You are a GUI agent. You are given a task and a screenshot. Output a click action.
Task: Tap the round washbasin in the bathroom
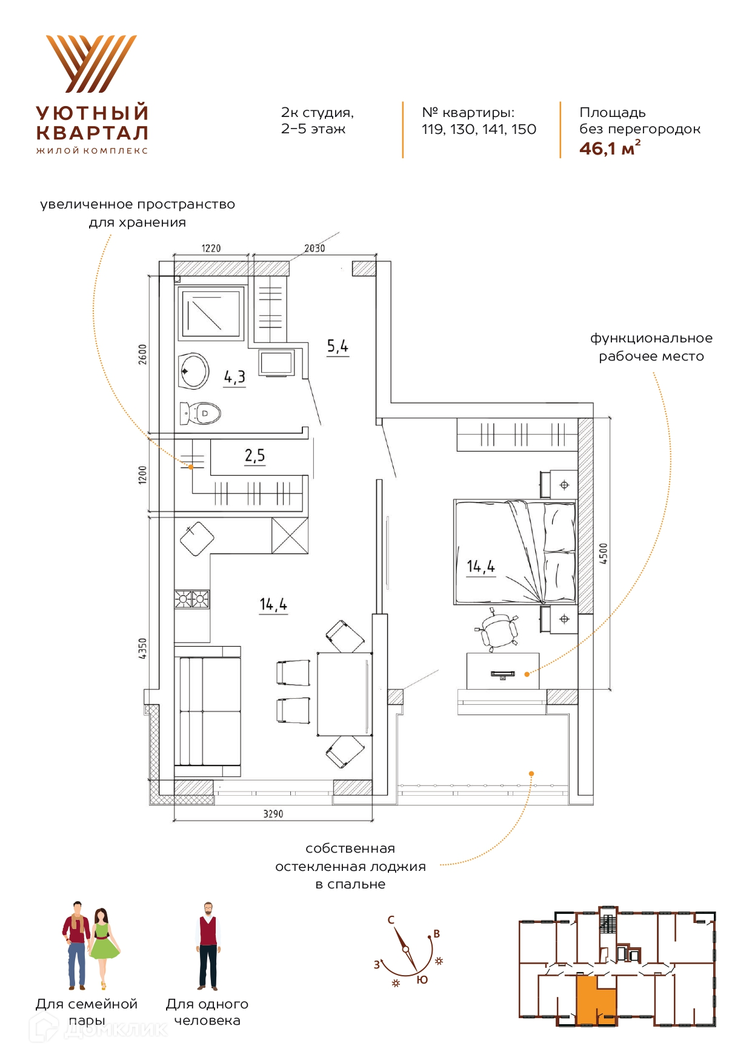[194, 370]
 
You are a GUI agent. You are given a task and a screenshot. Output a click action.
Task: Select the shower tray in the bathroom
[211, 313]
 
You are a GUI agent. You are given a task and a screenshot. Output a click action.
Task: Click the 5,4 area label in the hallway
[338, 346]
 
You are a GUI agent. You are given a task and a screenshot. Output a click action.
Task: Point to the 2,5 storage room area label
[255, 456]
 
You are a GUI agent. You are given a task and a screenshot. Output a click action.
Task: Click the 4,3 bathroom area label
[235, 378]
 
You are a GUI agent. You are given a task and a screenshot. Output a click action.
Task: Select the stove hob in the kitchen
[192, 599]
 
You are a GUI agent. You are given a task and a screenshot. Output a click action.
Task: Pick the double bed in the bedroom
[515, 552]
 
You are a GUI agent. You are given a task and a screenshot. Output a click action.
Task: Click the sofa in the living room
[207, 711]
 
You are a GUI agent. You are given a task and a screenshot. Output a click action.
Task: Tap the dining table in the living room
[345, 694]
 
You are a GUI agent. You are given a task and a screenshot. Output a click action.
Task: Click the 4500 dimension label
[603, 553]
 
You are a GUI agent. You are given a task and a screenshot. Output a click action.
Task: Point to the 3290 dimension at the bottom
[273, 814]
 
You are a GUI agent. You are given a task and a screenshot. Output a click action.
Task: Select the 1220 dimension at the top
[211, 248]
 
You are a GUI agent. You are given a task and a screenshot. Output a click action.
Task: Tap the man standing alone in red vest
[208, 947]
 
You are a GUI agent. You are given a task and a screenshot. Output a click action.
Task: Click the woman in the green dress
[104, 948]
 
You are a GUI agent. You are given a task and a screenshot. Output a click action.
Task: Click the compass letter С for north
[391, 920]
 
